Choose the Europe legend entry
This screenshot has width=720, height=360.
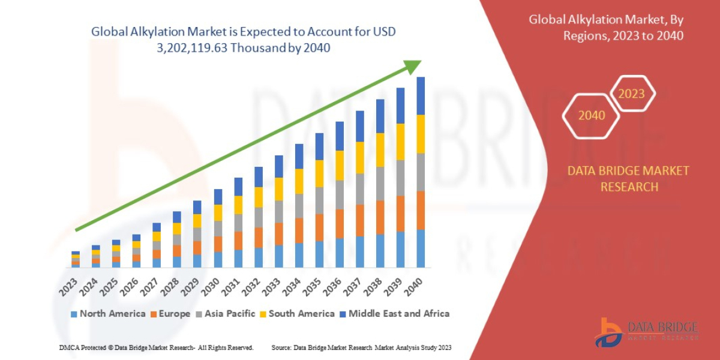point(170,313)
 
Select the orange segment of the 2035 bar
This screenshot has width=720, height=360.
point(319,227)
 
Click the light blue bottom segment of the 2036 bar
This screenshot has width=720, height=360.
point(340,253)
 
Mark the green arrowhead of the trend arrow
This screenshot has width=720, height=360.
point(413,67)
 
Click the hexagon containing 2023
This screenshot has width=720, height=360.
point(631,94)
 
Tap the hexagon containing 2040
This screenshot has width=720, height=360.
point(592,115)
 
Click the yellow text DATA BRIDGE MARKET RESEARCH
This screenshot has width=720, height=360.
point(628,179)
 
